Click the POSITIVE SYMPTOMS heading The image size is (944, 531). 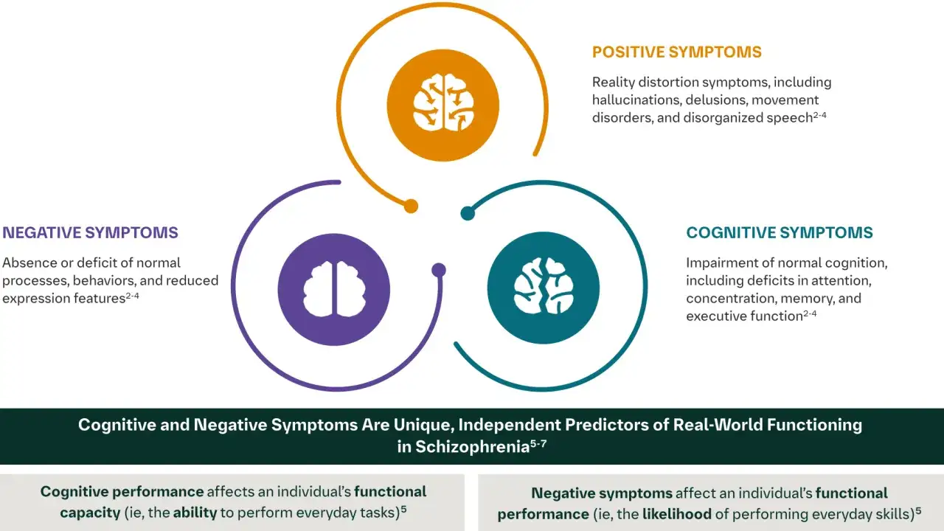tap(677, 52)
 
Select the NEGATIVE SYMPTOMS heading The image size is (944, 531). tap(90, 232)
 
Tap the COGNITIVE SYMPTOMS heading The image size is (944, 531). tap(780, 232)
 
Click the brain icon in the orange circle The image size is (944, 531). tap(443, 103)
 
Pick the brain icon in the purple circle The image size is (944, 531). tap(334, 289)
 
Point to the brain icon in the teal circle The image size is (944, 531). tap(544, 286)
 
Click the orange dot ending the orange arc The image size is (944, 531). tap(411, 206)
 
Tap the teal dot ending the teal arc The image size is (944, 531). tap(468, 213)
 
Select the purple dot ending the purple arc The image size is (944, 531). tap(439, 270)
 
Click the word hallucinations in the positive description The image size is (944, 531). tap(636, 100)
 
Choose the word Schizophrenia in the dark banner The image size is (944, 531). tap(473, 447)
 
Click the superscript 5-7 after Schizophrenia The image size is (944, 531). tap(538, 443)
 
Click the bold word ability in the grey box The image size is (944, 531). tap(195, 513)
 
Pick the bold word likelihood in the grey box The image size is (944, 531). tap(677, 514)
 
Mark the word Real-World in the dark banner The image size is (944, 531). tap(717, 425)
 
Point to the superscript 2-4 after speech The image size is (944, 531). tap(819, 115)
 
